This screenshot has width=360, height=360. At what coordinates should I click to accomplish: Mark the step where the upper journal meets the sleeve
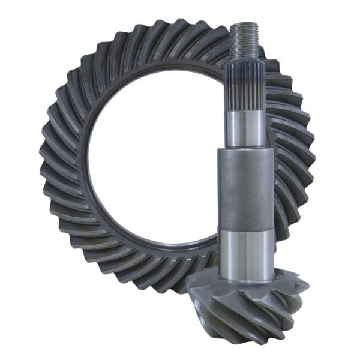point(245,149)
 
